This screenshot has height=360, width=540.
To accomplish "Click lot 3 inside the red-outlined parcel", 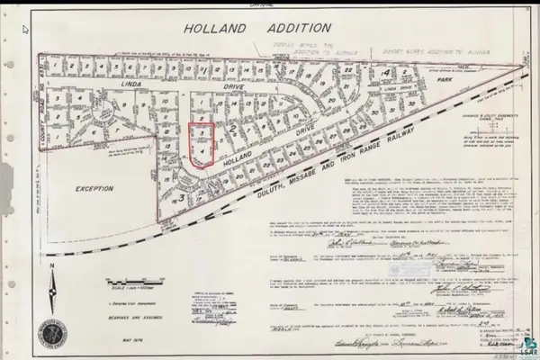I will tap(203, 136).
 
